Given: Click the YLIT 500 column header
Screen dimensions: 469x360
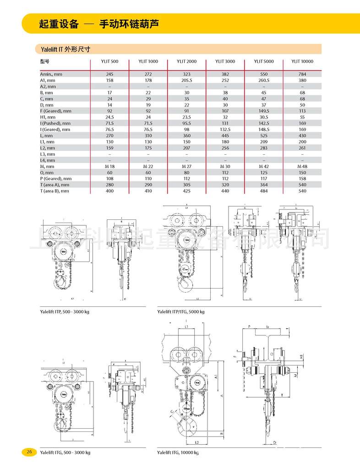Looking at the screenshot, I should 109,61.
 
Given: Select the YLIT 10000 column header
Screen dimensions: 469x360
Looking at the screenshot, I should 302,61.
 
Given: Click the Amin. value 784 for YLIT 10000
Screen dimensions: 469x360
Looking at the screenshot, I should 302,74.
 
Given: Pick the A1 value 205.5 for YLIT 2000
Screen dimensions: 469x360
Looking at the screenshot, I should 186,80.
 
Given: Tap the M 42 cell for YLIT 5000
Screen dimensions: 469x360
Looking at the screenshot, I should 263,166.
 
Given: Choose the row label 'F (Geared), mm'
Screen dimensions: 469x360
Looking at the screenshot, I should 56,111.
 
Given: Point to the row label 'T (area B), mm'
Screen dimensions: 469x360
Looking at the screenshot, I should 55,191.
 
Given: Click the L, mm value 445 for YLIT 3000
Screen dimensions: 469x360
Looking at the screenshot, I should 225,136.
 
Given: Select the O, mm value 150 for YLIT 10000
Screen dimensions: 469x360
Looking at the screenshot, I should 302,173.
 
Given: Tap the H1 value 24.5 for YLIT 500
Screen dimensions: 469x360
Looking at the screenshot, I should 109,117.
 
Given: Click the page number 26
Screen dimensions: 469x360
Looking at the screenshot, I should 29,452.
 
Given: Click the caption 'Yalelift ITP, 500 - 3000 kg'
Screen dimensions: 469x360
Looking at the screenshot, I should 65,311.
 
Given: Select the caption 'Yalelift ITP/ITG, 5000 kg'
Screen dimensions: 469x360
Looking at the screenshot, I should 181,311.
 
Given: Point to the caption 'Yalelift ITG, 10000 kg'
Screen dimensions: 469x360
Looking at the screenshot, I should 178,453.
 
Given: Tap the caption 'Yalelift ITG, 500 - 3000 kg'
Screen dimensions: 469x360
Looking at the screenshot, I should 65,453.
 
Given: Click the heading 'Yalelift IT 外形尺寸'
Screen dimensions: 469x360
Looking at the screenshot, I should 65,49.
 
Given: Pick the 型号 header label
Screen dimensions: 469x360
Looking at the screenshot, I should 44,61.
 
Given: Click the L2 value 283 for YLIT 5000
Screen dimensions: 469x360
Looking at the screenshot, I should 263,148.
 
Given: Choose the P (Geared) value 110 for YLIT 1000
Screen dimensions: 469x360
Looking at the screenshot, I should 148,179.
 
